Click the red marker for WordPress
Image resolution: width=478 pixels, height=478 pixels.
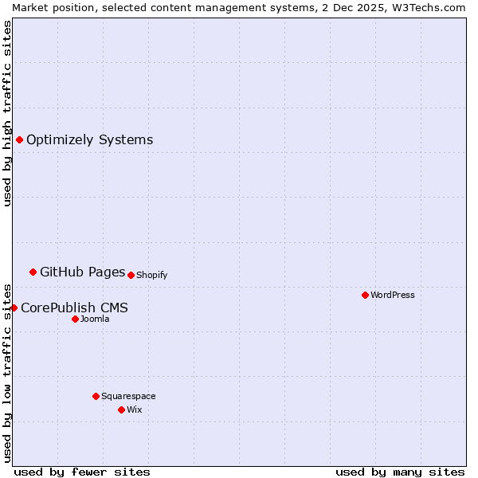point(365,295)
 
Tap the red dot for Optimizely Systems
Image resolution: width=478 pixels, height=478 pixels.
point(19,140)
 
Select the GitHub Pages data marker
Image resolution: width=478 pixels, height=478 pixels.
point(33,272)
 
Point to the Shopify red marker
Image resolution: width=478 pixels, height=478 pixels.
point(131,275)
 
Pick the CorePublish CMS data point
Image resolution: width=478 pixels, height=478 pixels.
point(14,308)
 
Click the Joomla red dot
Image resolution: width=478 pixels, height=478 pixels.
point(75,319)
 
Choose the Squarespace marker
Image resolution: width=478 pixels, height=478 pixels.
point(96,396)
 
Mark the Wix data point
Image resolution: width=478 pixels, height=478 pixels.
point(121,409)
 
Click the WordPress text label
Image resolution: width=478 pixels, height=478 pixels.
point(393,295)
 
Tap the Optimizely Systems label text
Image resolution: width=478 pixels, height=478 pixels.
point(89,140)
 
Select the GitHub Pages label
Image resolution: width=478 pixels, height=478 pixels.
point(82,272)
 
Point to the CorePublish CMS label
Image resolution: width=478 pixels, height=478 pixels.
point(74,308)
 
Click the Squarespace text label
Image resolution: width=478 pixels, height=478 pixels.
point(128,396)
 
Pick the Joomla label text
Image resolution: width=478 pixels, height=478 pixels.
point(95,319)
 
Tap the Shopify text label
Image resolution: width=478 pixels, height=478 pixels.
point(151,275)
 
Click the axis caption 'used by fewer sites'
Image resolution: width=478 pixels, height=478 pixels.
point(82,472)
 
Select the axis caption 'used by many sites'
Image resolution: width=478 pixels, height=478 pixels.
point(400,472)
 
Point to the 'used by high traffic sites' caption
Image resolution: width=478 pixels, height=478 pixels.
point(7,113)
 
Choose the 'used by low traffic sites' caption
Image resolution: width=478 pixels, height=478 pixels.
point(7,372)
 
